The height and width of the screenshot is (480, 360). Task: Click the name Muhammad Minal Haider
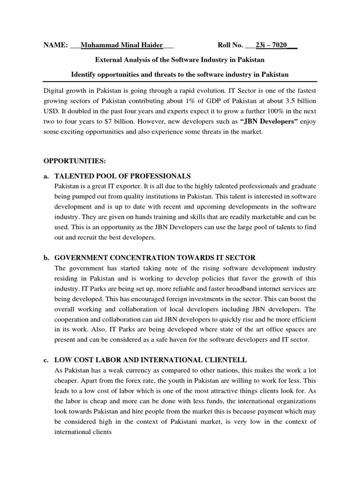point(121,45)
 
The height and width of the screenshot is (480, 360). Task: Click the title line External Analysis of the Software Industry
point(180,60)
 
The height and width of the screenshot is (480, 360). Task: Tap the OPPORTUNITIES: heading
point(75,161)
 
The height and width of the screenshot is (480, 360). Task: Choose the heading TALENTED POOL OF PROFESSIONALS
point(123,176)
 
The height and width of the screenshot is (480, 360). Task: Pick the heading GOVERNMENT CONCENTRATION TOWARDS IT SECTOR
point(155,258)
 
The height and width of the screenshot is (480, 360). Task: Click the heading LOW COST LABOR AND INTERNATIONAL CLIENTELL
point(150,360)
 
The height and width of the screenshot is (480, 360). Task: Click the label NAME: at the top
point(55,45)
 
